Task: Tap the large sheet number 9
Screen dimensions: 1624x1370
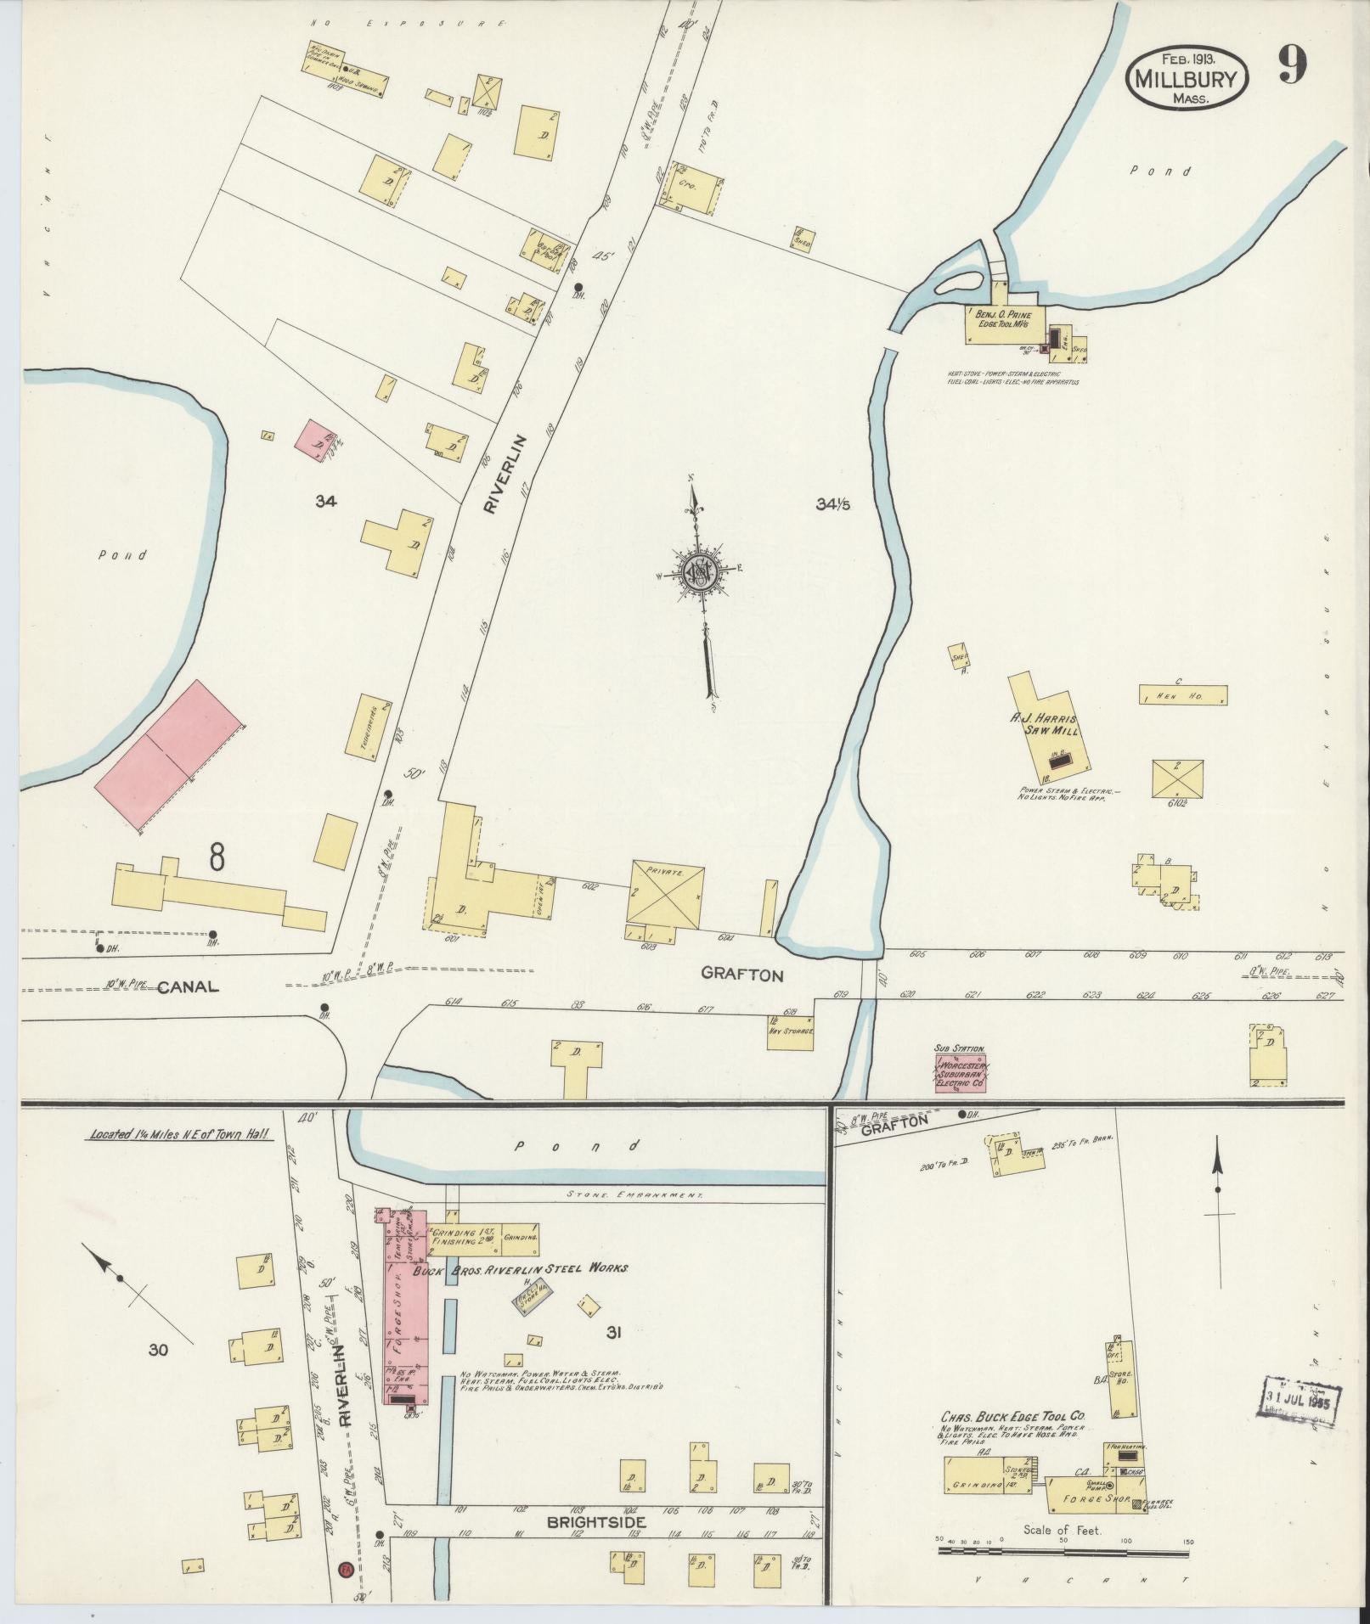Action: (x=1291, y=65)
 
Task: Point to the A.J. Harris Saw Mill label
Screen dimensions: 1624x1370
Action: (x=1043, y=724)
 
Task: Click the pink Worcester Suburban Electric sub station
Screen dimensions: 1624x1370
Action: (x=960, y=1075)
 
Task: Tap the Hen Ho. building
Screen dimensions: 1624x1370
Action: (x=1182, y=694)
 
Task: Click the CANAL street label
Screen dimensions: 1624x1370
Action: (x=189, y=986)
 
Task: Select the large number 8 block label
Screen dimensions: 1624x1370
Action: (x=217, y=857)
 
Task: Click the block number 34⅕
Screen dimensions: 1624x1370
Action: (x=833, y=504)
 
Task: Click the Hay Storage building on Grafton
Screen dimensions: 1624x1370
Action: (x=791, y=1031)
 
